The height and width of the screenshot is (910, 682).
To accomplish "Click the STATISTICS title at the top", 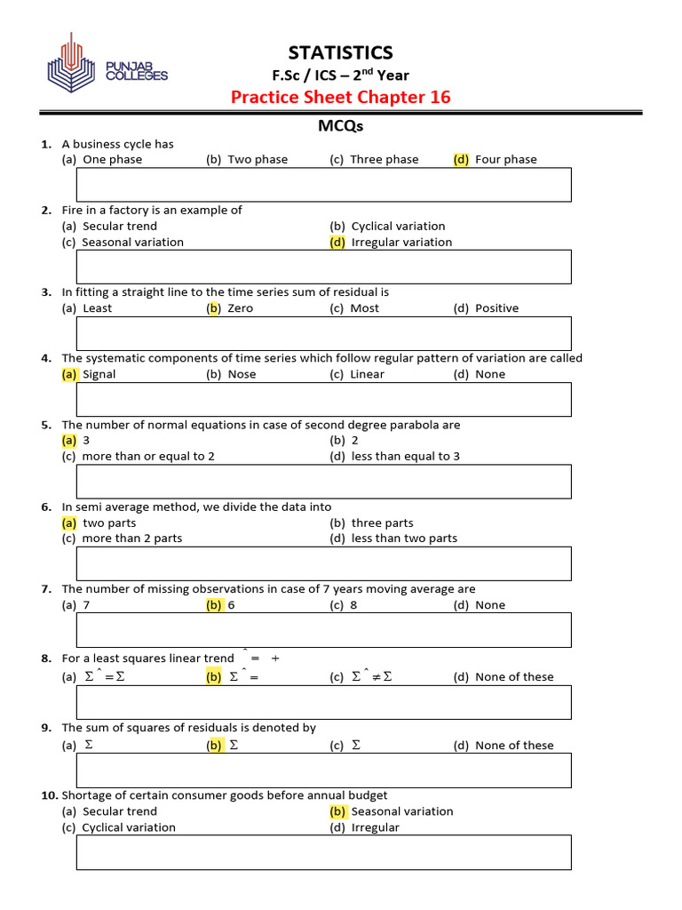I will [340, 52].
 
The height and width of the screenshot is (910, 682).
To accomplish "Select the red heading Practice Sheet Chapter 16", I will [340, 97].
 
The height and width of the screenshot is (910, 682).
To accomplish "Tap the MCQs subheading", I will [340, 126].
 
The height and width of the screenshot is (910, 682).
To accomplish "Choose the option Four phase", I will [505, 160].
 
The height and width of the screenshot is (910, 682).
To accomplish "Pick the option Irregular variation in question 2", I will [401, 243].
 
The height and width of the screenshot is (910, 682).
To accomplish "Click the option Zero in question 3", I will [240, 308].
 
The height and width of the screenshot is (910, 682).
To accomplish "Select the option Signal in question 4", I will [99, 374].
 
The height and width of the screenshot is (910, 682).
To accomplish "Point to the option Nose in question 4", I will [242, 374].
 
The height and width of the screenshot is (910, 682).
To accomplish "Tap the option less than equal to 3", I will [405, 457].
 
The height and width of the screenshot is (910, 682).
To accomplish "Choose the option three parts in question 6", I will [382, 523].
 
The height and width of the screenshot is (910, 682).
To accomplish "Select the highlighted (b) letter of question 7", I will [214, 605].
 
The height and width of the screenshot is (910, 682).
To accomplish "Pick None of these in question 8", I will [514, 677].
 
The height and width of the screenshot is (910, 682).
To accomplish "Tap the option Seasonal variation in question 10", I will [401, 811].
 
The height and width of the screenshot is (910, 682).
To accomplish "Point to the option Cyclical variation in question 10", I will [129, 827].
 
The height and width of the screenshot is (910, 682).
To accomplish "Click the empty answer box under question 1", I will [324, 185].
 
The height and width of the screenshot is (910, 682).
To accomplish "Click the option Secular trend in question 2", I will [120, 227].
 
